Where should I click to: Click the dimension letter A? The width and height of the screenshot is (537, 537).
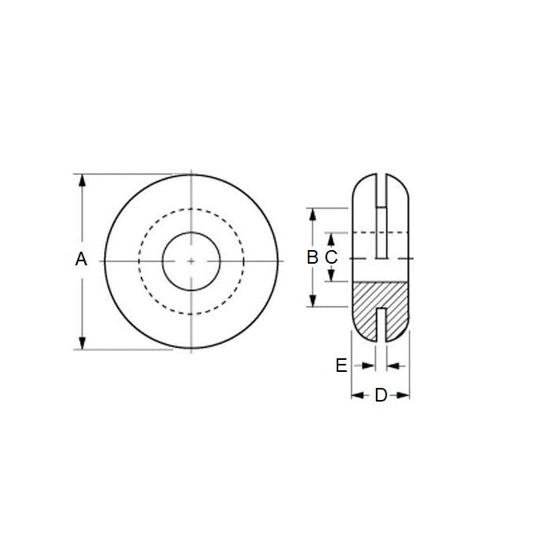point(80,259)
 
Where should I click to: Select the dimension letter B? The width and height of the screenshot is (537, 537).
point(313,257)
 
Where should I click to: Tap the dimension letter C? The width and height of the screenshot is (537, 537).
point(331,257)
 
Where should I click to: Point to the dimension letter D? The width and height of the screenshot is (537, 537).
point(381,395)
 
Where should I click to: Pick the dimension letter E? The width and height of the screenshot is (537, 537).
point(341,365)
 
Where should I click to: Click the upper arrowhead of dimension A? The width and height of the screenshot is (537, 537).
point(81,180)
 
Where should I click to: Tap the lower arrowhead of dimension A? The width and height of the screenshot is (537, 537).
point(81,343)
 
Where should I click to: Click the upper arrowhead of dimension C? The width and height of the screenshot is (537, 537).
point(331,237)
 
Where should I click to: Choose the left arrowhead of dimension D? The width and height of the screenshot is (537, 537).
point(357,395)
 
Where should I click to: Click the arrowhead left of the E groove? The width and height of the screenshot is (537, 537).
point(370,365)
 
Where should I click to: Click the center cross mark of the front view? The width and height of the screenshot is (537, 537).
point(192,261)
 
